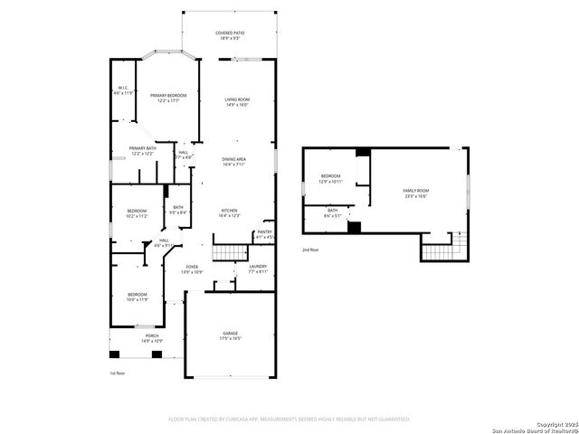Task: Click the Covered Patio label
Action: [x=230, y=35]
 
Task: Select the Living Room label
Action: [x=238, y=101]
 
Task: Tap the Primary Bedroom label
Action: [x=168, y=98]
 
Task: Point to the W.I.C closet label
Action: [x=123, y=90]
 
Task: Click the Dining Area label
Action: [x=235, y=161]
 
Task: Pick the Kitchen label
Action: [x=231, y=212]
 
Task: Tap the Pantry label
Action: [x=264, y=234]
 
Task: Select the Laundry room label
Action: [x=258, y=269]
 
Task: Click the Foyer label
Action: [x=192, y=269]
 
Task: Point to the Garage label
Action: [x=231, y=335]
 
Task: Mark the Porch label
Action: [x=150, y=338]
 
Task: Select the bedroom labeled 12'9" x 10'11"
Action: [x=330, y=178]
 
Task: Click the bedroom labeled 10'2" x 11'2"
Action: [x=137, y=214]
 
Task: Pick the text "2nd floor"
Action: [x=311, y=249]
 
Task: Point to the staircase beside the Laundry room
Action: [x=229, y=253]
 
